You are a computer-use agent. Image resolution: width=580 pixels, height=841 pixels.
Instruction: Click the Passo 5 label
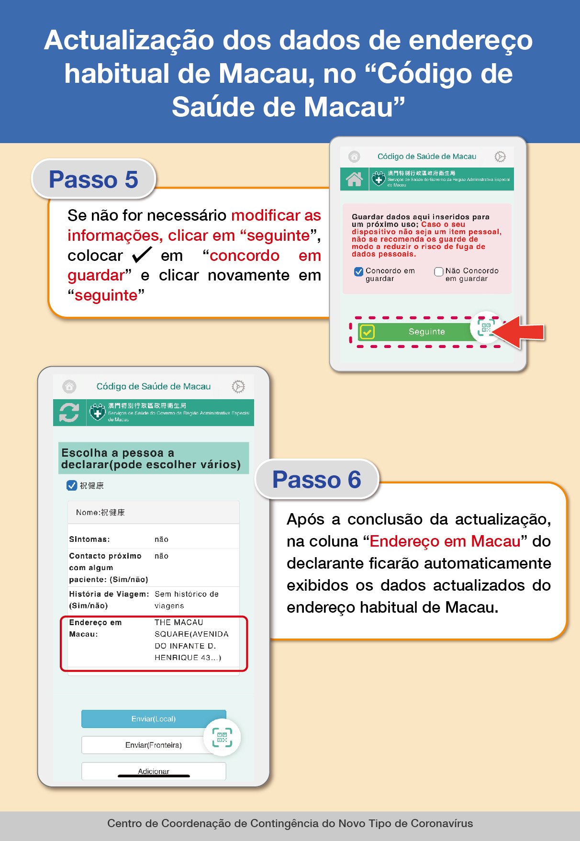tap(93, 179)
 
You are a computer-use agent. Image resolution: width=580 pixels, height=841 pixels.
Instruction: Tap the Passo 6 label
tap(316, 480)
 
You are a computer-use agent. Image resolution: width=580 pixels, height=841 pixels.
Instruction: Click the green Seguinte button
tap(426, 332)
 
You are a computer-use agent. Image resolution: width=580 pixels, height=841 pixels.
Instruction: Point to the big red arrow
tap(519, 332)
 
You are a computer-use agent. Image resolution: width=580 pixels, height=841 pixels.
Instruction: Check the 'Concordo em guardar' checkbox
tap(358, 272)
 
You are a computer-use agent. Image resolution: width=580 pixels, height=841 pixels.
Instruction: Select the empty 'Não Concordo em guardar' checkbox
tap(438, 272)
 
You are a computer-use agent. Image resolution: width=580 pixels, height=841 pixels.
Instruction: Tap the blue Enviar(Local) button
tap(153, 719)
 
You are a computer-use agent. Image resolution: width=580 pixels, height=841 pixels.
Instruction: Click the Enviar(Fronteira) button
tap(153, 745)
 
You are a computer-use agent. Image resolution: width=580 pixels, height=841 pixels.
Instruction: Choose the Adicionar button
tap(153, 771)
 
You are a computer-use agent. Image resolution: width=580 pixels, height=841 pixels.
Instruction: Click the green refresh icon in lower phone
tap(69, 412)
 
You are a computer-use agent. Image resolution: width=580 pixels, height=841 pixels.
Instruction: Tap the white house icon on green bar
tap(354, 179)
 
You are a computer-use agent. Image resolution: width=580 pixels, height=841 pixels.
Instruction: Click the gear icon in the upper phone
tap(500, 157)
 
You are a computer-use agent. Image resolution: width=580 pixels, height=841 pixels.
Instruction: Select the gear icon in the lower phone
tap(238, 386)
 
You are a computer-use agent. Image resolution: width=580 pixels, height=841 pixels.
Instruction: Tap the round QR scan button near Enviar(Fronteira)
tap(222, 737)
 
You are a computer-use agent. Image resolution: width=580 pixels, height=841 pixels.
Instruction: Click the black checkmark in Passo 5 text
tap(142, 255)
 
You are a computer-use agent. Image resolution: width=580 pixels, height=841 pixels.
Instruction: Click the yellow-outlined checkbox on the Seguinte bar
tap(367, 332)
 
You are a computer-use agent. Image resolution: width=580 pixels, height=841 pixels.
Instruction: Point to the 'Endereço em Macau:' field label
tap(95, 628)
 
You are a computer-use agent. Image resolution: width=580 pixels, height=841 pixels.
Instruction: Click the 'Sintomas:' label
tap(89, 539)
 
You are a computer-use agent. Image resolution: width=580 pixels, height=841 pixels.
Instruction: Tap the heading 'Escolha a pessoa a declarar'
tap(151, 459)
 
